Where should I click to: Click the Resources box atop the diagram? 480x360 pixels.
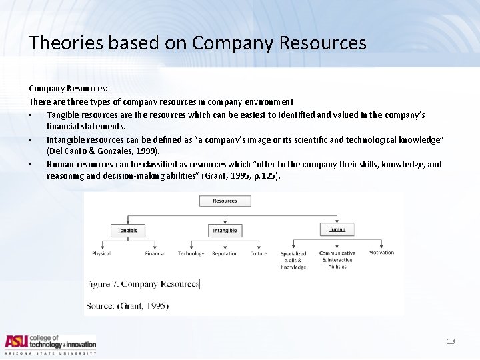pos(225,201)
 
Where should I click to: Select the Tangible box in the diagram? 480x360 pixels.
pos(127,230)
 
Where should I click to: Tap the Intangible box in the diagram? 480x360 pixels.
pos(225,231)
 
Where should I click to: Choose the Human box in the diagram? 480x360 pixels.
pos(337,229)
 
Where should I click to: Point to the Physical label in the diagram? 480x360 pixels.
pos(101,253)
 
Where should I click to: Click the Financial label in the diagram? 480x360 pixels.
pos(155,253)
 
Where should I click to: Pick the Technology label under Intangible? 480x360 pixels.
pos(191,253)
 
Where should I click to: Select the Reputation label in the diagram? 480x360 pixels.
pos(225,253)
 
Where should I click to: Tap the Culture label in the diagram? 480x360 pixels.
pos(259,253)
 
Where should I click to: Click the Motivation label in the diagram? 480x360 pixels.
pos(381,253)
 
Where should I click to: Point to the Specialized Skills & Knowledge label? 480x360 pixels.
pos(293,260)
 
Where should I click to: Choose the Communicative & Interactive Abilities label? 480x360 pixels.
pos(337,259)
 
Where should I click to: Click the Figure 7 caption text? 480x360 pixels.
pos(143,284)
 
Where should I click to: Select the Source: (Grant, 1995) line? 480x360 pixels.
pos(127,306)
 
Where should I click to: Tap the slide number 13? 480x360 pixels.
pos(451,341)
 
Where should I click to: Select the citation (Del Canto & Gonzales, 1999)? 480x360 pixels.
pos(103,151)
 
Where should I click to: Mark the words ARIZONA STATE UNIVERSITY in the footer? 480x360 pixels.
pos(51,353)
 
